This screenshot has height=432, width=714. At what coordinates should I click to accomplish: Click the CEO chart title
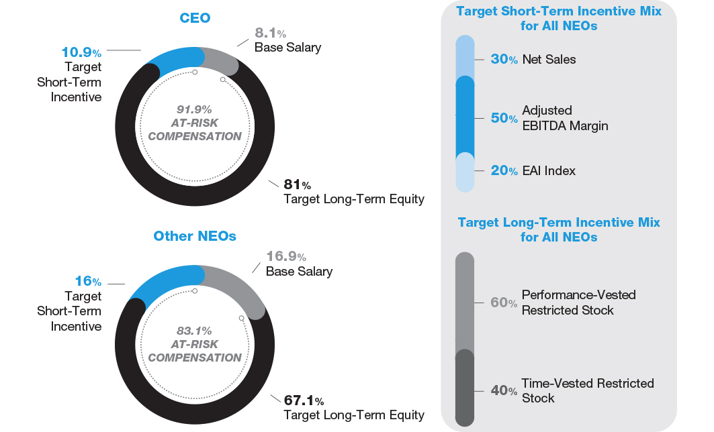[195, 18]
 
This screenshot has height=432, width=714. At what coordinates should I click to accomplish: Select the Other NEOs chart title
[195, 236]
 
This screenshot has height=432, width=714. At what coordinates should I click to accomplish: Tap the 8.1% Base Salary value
[270, 32]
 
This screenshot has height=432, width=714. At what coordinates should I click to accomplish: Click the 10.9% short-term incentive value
[81, 52]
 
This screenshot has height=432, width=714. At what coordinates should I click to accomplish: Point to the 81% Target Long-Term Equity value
[297, 184]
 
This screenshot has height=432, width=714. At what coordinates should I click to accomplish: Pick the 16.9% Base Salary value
[286, 256]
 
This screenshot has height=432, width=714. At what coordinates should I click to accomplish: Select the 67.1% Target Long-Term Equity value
[304, 400]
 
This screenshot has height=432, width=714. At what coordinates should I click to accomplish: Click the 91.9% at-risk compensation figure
[194, 109]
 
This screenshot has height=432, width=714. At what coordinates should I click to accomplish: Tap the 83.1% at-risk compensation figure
[194, 330]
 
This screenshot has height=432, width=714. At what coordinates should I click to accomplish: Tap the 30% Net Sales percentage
[504, 59]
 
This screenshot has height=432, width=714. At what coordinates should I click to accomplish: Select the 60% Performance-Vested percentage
[504, 303]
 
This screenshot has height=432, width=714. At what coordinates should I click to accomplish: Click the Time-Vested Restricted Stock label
[588, 390]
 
